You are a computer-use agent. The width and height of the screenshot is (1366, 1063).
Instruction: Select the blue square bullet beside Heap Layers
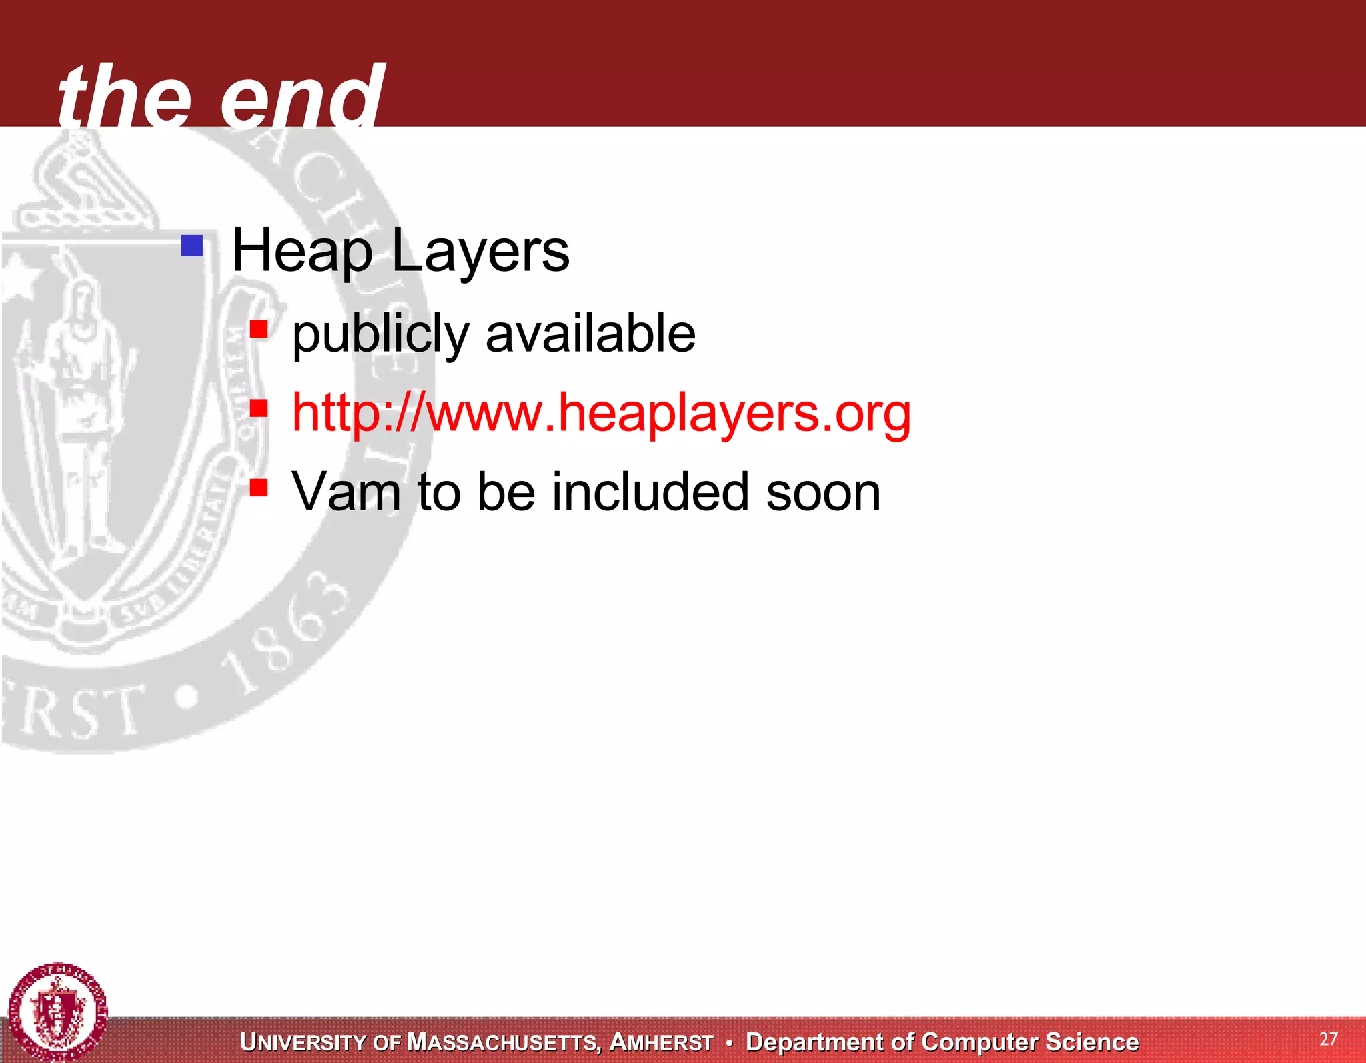tap(192, 246)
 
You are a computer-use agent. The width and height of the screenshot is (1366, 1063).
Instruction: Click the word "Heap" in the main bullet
tap(301, 252)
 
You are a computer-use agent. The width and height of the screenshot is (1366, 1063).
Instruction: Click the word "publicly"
tap(381, 334)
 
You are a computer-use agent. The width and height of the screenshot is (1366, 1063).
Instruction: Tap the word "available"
tap(590, 334)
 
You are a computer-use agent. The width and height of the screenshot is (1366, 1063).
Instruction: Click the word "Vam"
tap(346, 492)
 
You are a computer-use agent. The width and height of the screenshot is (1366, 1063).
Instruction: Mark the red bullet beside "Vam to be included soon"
tap(259, 488)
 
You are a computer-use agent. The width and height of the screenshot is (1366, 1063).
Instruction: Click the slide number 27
tap(1328, 1039)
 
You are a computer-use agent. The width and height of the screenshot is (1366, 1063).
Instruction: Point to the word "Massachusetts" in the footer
tap(504, 1042)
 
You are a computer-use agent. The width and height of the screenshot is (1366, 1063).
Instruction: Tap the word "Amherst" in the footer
tap(661, 1042)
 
